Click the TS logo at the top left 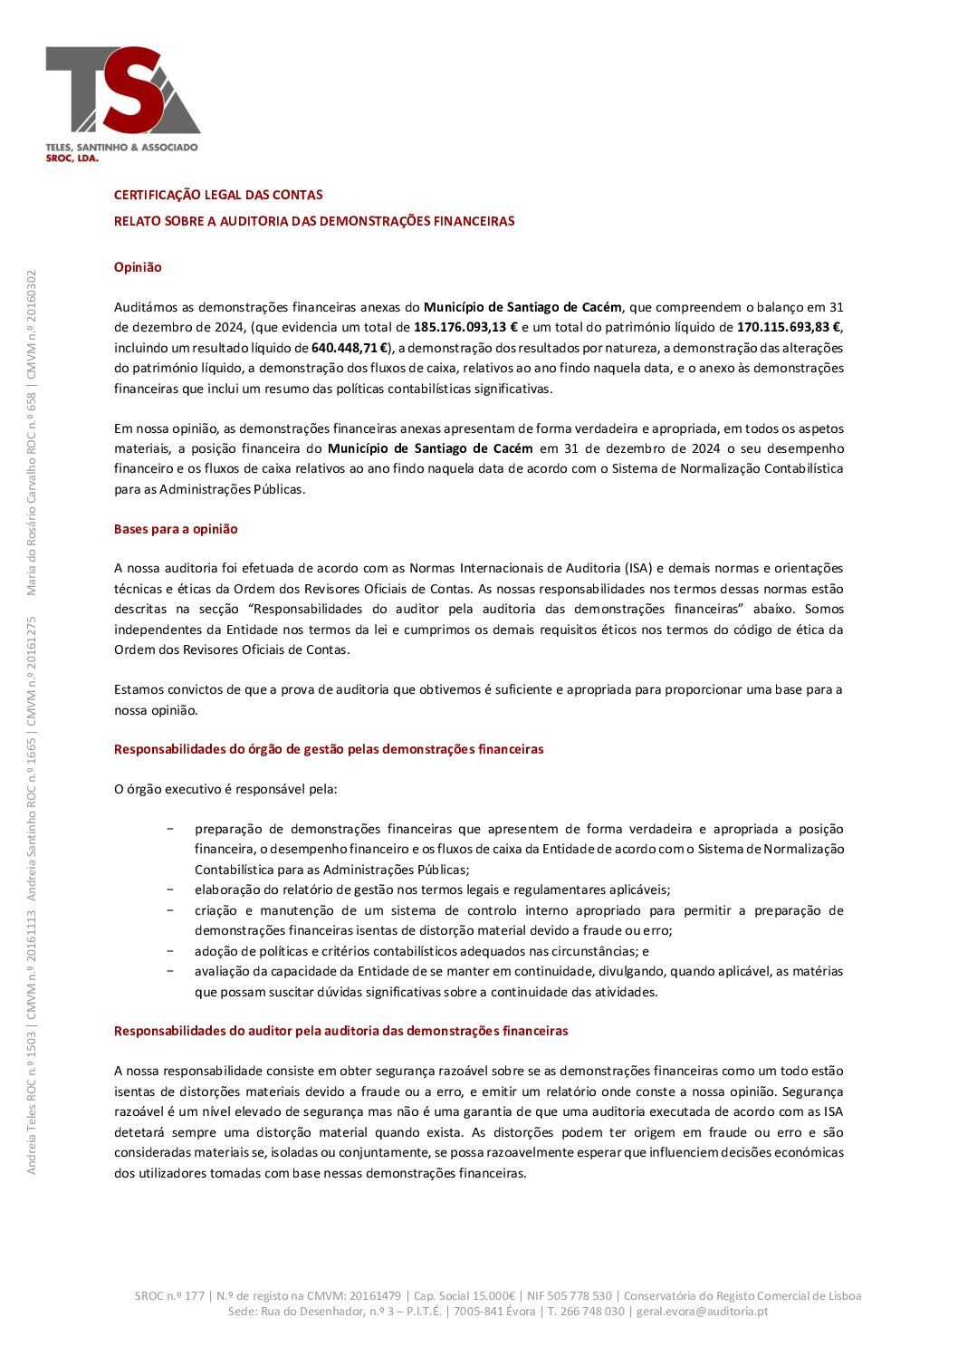[x=122, y=91]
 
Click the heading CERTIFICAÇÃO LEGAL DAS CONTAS [x=218, y=195]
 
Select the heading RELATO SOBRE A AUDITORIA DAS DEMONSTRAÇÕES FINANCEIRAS [x=314, y=221]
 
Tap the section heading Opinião [x=138, y=267]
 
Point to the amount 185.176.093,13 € [x=465, y=328]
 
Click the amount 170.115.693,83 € [x=789, y=328]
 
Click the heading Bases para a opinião [x=176, y=529]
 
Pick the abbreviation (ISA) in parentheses [x=637, y=569]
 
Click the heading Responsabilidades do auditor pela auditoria [x=340, y=1031]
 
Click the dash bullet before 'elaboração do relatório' [x=170, y=890]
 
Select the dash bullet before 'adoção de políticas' [x=170, y=951]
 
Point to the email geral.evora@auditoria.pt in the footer [x=702, y=1311]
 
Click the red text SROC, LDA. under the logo [x=72, y=158]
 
